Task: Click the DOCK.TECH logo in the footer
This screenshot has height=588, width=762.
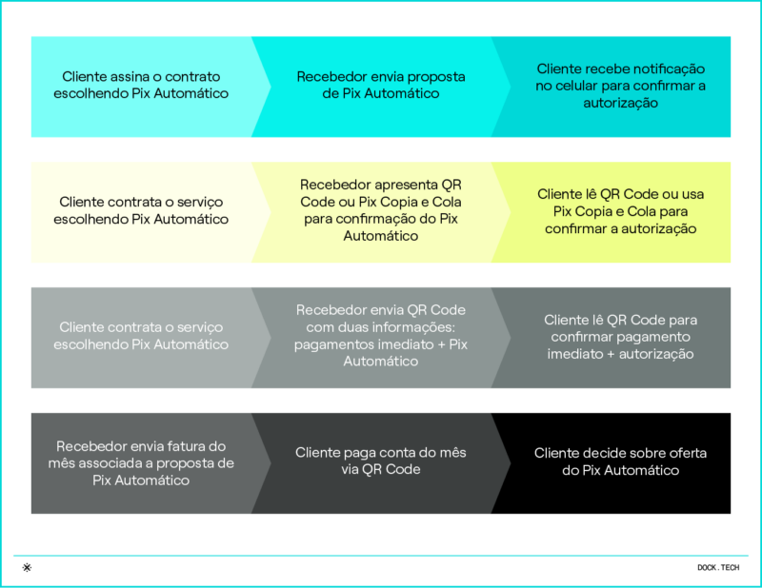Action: click(x=718, y=568)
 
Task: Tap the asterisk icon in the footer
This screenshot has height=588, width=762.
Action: click(x=28, y=567)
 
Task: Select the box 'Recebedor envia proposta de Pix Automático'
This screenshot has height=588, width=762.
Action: click(x=381, y=87)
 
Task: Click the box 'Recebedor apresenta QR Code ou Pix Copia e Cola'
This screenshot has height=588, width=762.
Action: click(x=381, y=212)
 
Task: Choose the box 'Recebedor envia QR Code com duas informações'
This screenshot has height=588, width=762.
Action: click(x=381, y=338)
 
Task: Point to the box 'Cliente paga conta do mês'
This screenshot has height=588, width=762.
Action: click(x=381, y=463)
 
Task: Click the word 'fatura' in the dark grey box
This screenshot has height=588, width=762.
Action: click(x=175, y=446)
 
